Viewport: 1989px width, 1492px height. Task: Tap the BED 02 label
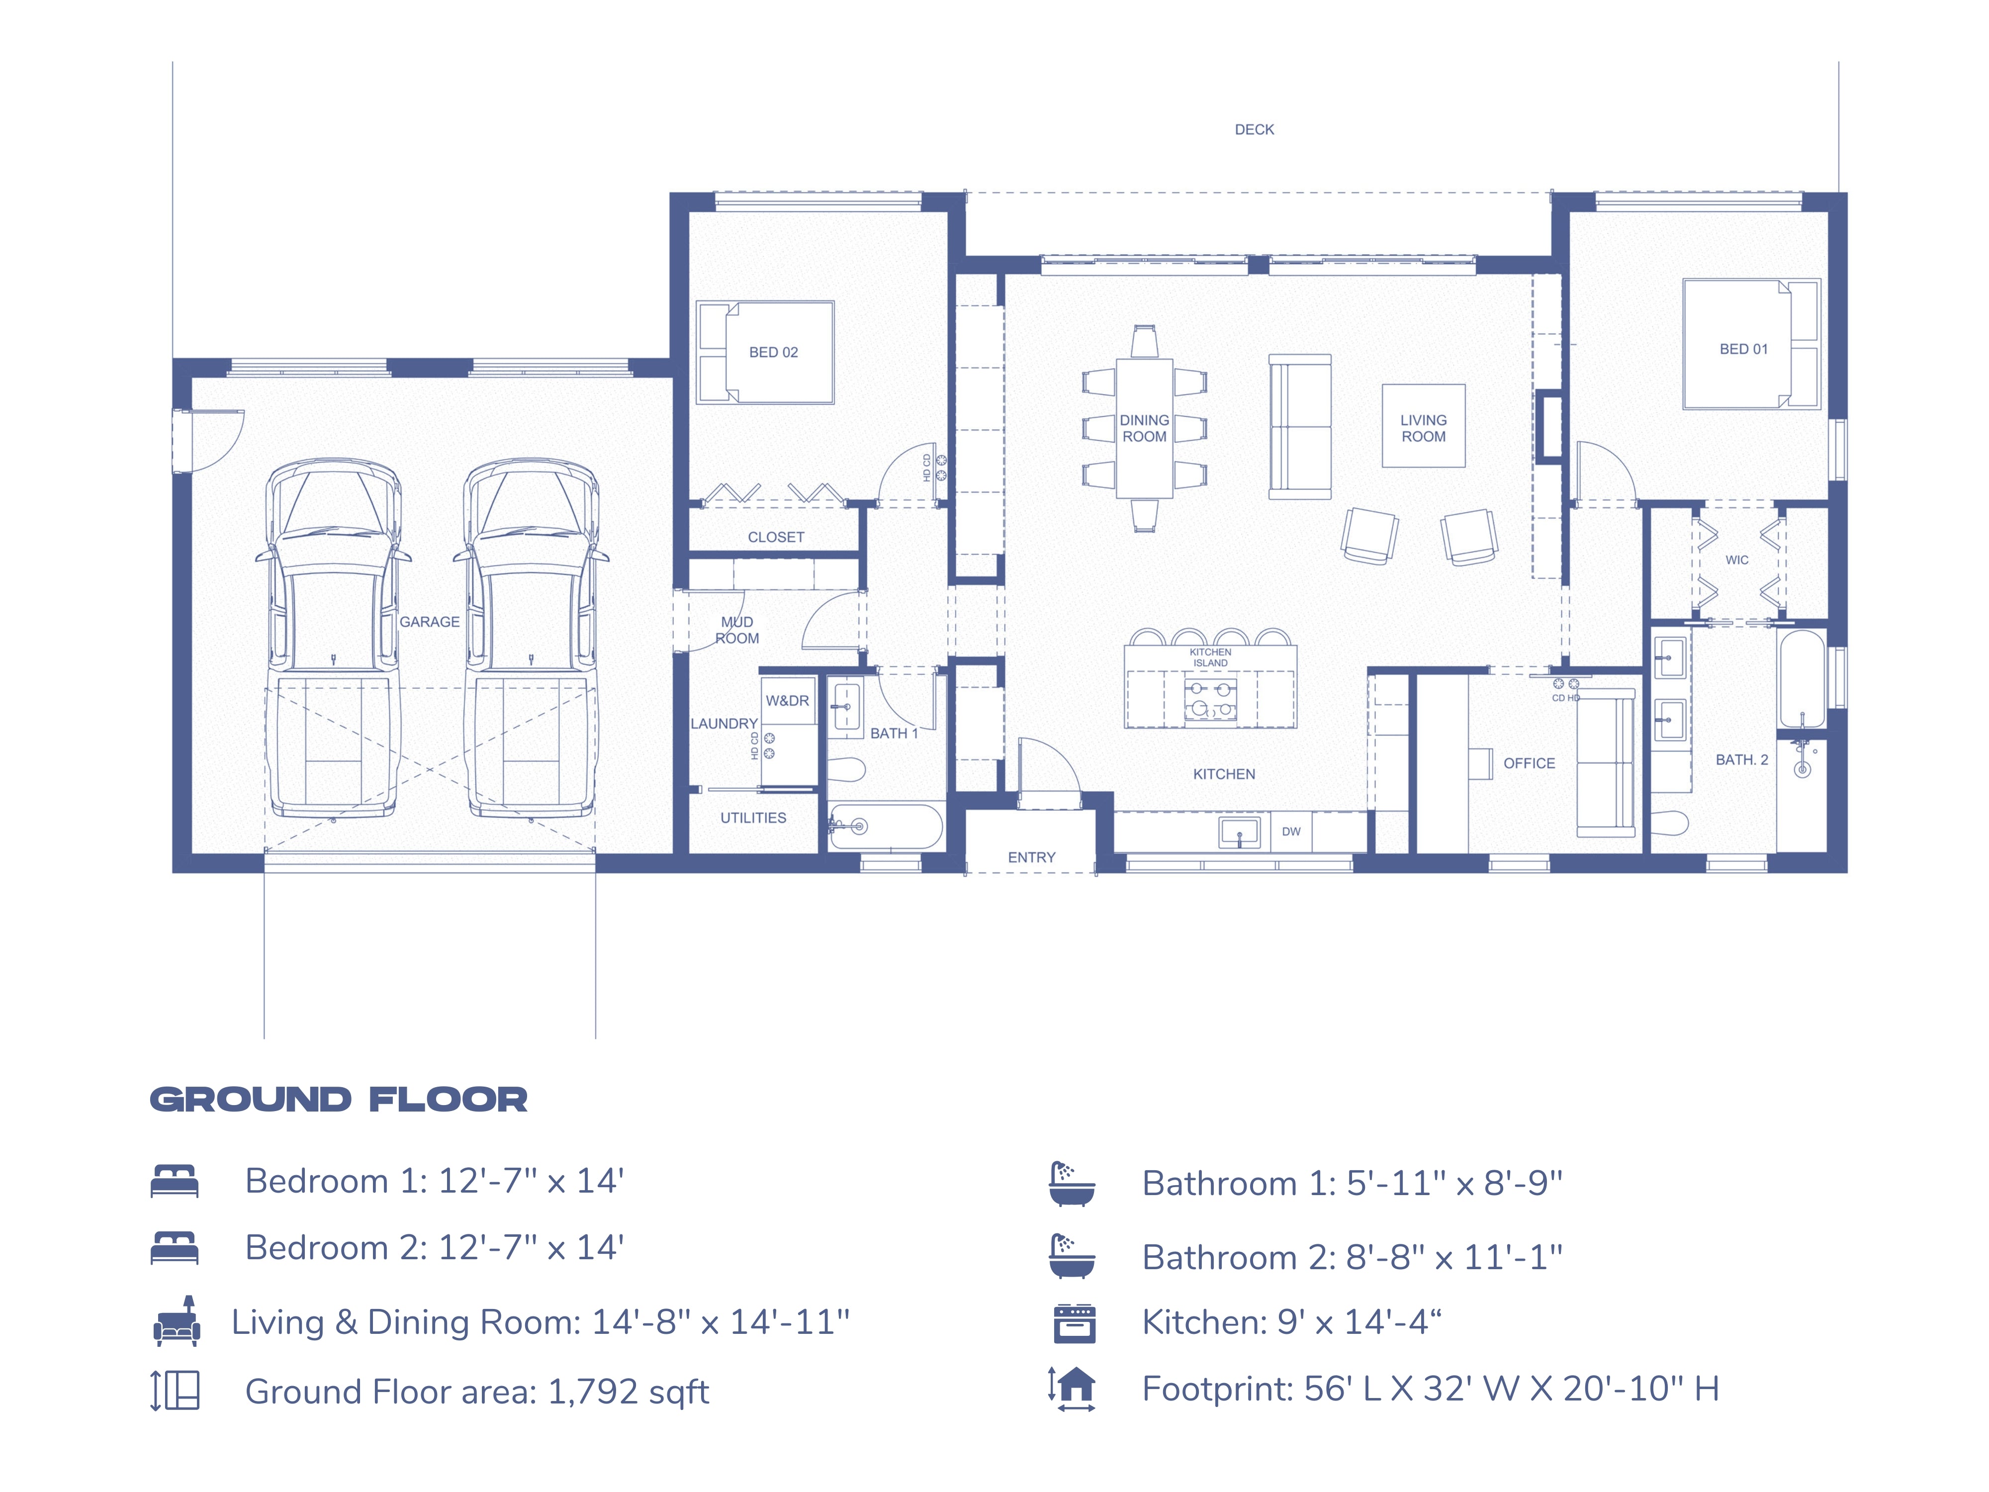pyautogui.click(x=773, y=353)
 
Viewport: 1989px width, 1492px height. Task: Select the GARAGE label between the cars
pyautogui.click(x=429, y=622)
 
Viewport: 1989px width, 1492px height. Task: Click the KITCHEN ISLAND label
pyautogui.click(x=1210, y=657)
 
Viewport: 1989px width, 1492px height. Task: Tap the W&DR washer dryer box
pyautogui.click(x=788, y=701)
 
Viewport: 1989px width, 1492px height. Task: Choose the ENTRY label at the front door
pyautogui.click(x=1031, y=857)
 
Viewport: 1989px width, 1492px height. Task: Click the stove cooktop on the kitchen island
pyautogui.click(x=1210, y=700)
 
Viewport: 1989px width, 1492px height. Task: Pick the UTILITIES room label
pyautogui.click(x=753, y=818)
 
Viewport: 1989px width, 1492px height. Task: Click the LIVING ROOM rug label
pyautogui.click(x=1424, y=428)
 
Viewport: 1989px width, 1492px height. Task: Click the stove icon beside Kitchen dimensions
pyautogui.click(x=1074, y=1323)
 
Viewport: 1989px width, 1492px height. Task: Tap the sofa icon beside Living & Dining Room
pyautogui.click(x=176, y=1322)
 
